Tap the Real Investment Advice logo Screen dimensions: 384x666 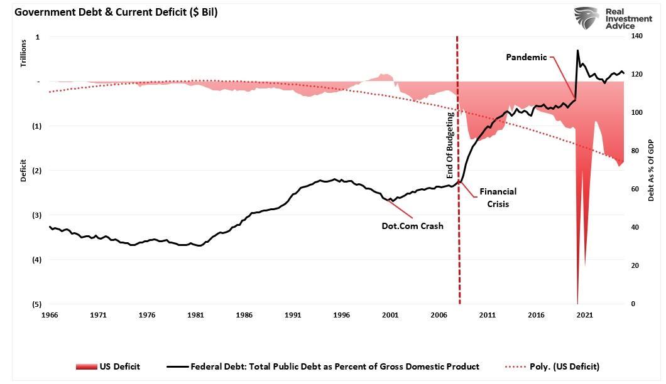pyautogui.click(x=612, y=18)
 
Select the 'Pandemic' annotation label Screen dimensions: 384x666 pyautogui.click(x=527, y=57)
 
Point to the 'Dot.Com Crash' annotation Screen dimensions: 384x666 pyautogui.click(x=412, y=226)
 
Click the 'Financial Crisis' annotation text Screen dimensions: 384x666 pyautogui.click(x=498, y=198)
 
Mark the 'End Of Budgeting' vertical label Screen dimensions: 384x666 pyautogui.click(x=450, y=146)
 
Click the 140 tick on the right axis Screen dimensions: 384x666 pyautogui.click(x=637, y=37)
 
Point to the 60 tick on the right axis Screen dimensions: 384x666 pyautogui.click(x=635, y=189)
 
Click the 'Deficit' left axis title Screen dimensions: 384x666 pyautogui.click(x=23, y=171)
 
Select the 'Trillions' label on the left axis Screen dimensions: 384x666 pyautogui.click(x=23, y=53)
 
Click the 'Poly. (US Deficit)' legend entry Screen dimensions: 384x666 pyautogui.click(x=552, y=366)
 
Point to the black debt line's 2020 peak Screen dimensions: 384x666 pyautogui.click(x=577, y=50)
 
